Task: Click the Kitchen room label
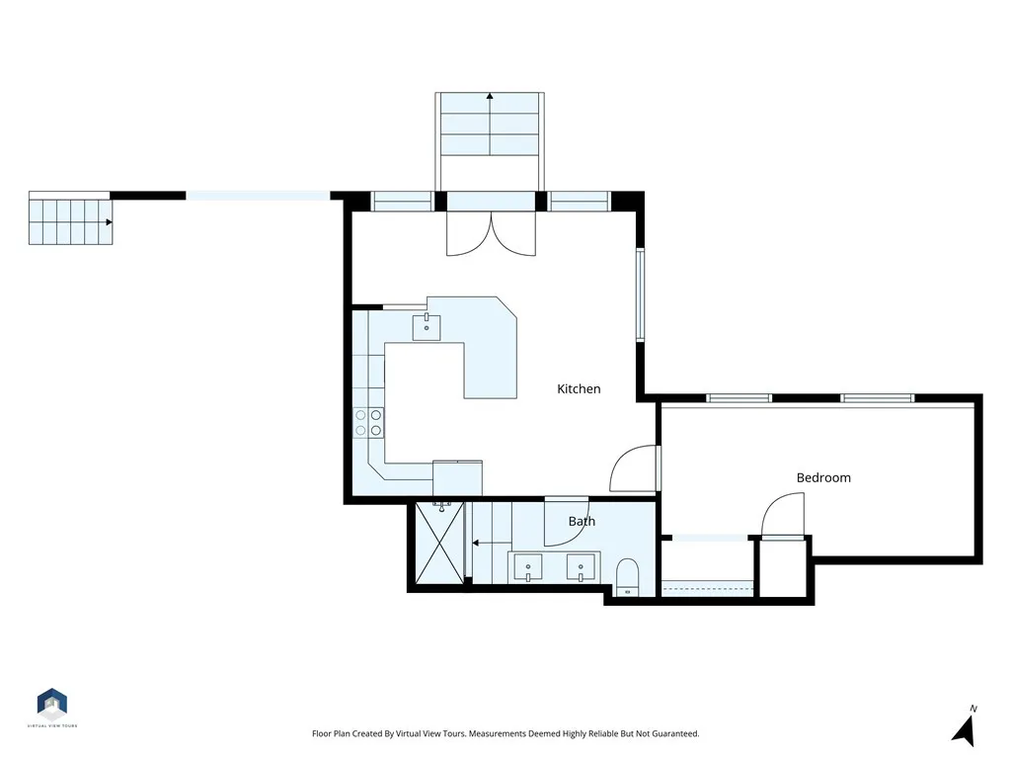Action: click(579, 389)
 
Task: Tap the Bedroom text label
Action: click(823, 478)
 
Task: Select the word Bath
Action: click(582, 521)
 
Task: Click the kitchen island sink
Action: click(427, 326)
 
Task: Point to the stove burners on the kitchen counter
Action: click(369, 423)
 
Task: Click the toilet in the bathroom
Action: click(628, 577)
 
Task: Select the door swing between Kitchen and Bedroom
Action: click(634, 469)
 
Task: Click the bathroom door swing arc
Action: click(566, 523)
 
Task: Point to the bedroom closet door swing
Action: click(783, 515)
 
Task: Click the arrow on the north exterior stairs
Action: click(490, 97)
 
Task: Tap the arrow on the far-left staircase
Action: click(107, 222)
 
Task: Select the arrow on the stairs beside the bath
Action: click(476, 543)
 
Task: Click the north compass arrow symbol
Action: click(965, 728)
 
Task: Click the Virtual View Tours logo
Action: click(52, 705)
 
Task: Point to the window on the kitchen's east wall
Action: click(641, 294)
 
